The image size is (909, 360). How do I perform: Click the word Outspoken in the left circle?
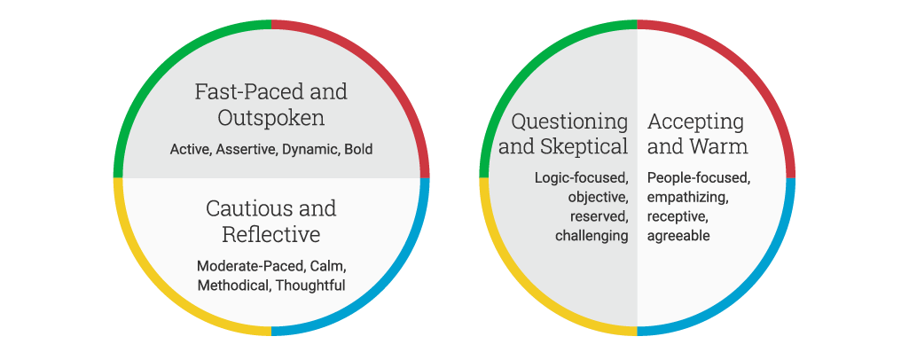pyautogui.click(x=270, y=118)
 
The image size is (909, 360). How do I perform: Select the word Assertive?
pyautogui.click(x=247, y=150)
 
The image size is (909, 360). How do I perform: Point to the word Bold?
pyautogui.click(x=358, y=150)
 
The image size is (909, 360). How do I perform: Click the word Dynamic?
pyautogui.click(x=311, y=150)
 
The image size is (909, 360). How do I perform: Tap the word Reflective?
pyautogui.click(x=271, y=235)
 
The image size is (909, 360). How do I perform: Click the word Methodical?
pyautogui.click(x=234, y=286)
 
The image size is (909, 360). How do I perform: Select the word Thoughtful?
pyautogui.click(x=310, y=286)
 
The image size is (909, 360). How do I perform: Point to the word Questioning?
pyautogui.click(x=569, y=121)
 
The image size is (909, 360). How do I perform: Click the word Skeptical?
pyautogui.click(x=584, y=146)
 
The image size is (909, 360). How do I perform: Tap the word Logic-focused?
pyautogui.click(x=582, y=178)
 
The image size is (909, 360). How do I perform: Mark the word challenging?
pyautogui.click(x=592, y=236)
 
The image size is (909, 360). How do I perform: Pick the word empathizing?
pyautogui.click(x=688, y=198)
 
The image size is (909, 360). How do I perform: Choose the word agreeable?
pyautogui.click(x=678, y=236)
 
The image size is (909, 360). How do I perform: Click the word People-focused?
pyautogui.click(x=700, y=178)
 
